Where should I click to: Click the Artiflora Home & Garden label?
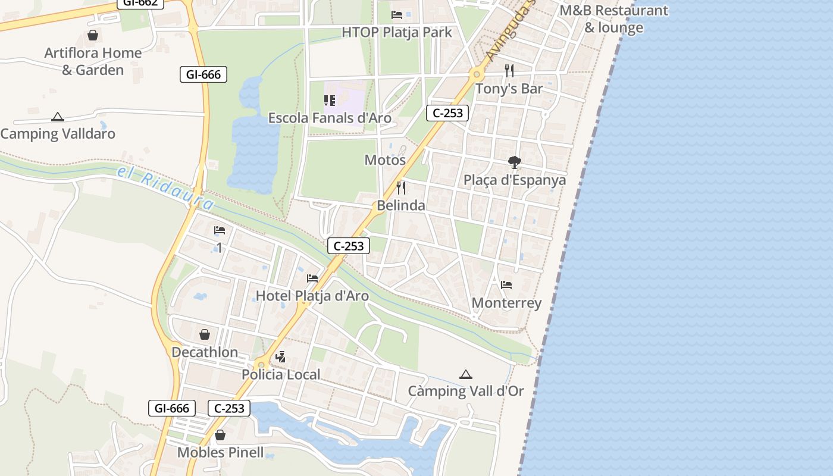coord(93,61)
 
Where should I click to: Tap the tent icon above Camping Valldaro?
coord(57,117)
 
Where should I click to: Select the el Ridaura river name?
coord(165,189)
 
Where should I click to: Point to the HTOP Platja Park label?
coord(397,32)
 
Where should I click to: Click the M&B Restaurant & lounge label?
coord(613,19)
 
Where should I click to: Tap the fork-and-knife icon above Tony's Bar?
coord(509,71)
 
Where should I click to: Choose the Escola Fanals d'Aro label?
coord(330,118)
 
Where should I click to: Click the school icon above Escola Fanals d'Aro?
coord(329,101)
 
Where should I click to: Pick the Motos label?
coord(385,160)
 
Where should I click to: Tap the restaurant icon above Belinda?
coord(401,188)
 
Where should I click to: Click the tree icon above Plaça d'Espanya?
coord(515,162)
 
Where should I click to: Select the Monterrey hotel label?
coord(506,303)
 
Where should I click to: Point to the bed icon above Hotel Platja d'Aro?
coord(312,278)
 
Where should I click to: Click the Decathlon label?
coord(205,352)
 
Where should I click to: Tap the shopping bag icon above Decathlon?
coord(205,334)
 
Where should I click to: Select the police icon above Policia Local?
coord(281,357)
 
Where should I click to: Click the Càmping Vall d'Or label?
coord(466,391)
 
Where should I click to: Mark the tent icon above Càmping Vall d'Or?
coord(466,374)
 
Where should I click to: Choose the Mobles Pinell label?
coord(220,453)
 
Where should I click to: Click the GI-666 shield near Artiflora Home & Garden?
coord(203,74)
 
